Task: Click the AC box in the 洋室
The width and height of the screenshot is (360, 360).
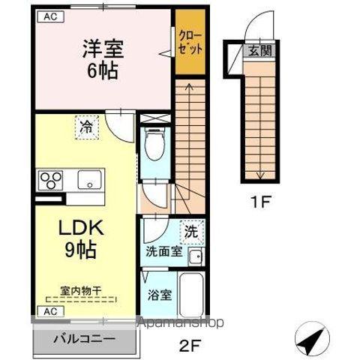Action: click(x=47, y=16)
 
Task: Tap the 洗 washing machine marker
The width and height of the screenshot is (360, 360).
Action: click(x=193, y=232)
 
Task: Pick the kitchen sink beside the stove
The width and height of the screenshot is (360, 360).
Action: click(x=88, y=181)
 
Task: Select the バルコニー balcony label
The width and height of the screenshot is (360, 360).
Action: click(x=84, y=338)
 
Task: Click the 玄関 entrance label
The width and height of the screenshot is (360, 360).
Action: click(x=256, y=52)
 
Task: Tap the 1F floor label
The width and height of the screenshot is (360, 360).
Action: click(x=259, y=201)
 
